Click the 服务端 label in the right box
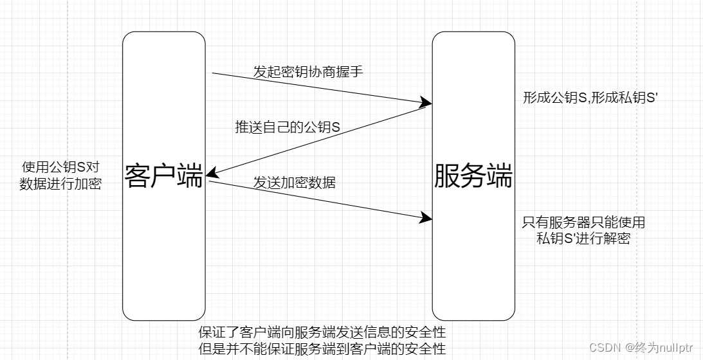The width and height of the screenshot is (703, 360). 473,176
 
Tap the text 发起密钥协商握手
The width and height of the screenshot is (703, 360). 308,72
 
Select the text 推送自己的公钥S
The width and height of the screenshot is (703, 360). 288,127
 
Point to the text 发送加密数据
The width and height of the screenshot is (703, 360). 294,183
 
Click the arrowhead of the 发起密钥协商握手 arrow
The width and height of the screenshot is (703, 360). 426,102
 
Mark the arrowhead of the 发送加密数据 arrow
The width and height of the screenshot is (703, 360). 426,217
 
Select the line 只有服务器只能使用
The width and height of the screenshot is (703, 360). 583,223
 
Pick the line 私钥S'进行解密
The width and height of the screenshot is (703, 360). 583,239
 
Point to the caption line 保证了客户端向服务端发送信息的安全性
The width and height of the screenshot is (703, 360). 322,333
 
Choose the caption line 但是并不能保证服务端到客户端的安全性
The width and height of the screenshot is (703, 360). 322,349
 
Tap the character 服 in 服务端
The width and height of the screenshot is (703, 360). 447,176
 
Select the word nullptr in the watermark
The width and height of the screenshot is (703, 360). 675,348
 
